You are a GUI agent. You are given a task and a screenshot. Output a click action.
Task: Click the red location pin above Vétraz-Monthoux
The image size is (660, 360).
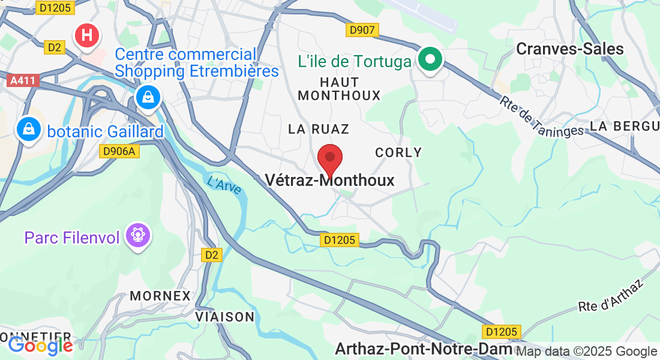(329, 159)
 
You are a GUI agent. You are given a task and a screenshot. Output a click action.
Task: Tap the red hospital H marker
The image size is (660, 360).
(87, 35)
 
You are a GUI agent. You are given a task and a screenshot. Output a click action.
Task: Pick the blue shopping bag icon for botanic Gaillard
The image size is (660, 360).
(28, 128)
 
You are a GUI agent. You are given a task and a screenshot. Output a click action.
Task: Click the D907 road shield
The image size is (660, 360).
(362, 29)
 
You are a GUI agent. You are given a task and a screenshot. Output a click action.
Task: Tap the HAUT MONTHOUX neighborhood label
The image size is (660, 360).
(340, 89)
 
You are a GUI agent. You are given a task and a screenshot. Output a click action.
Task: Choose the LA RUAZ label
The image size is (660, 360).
(318, 129)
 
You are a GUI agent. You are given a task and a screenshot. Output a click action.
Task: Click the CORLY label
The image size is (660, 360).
(398, 152)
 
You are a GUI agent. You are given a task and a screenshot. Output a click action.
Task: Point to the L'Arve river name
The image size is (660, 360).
(224, 185)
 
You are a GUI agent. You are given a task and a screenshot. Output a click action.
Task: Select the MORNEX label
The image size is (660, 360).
(160, 296)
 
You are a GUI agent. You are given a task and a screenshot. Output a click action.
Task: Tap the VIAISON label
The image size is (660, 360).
(225, 316)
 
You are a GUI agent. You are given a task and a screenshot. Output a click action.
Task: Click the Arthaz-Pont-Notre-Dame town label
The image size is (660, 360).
(424, 349)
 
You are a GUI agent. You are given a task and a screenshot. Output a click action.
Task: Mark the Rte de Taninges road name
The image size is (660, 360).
(541, 116)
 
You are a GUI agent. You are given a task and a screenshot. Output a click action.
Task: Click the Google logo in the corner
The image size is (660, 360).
(40, 346)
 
